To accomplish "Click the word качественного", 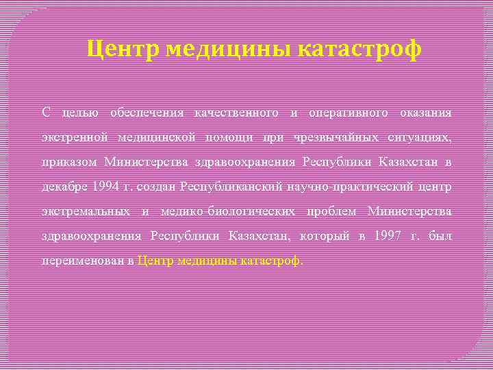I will coord(236,112).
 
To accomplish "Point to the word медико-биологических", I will coord(228,211).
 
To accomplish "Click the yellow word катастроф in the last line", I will coord(272,260).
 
